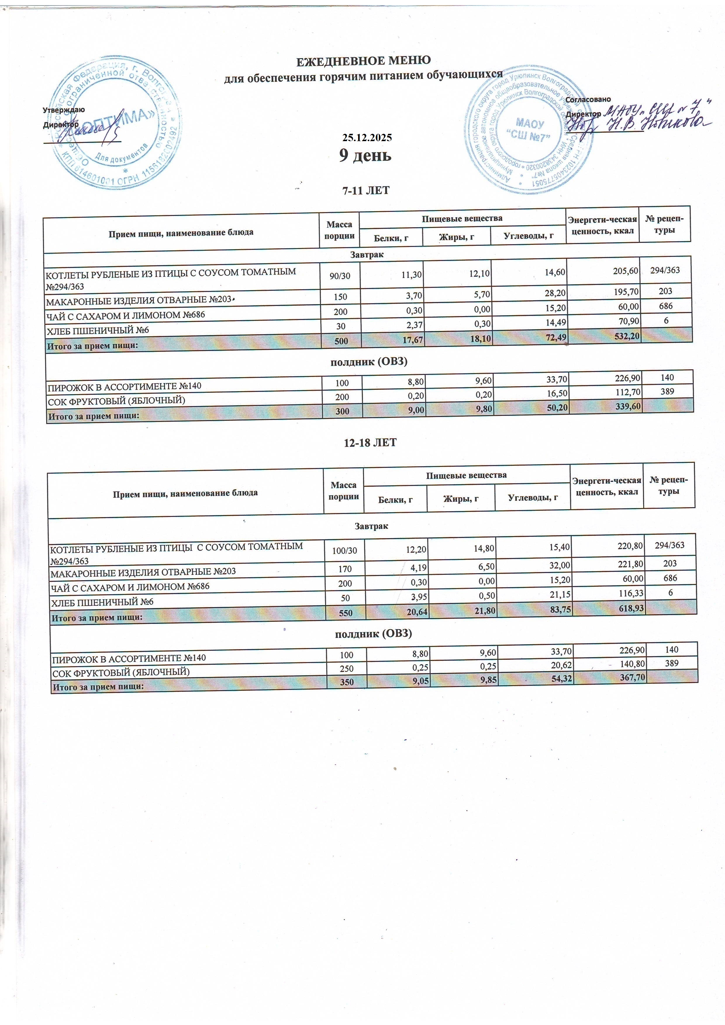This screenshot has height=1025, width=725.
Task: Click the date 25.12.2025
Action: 366,138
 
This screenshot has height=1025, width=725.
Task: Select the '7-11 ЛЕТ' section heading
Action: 365,191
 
